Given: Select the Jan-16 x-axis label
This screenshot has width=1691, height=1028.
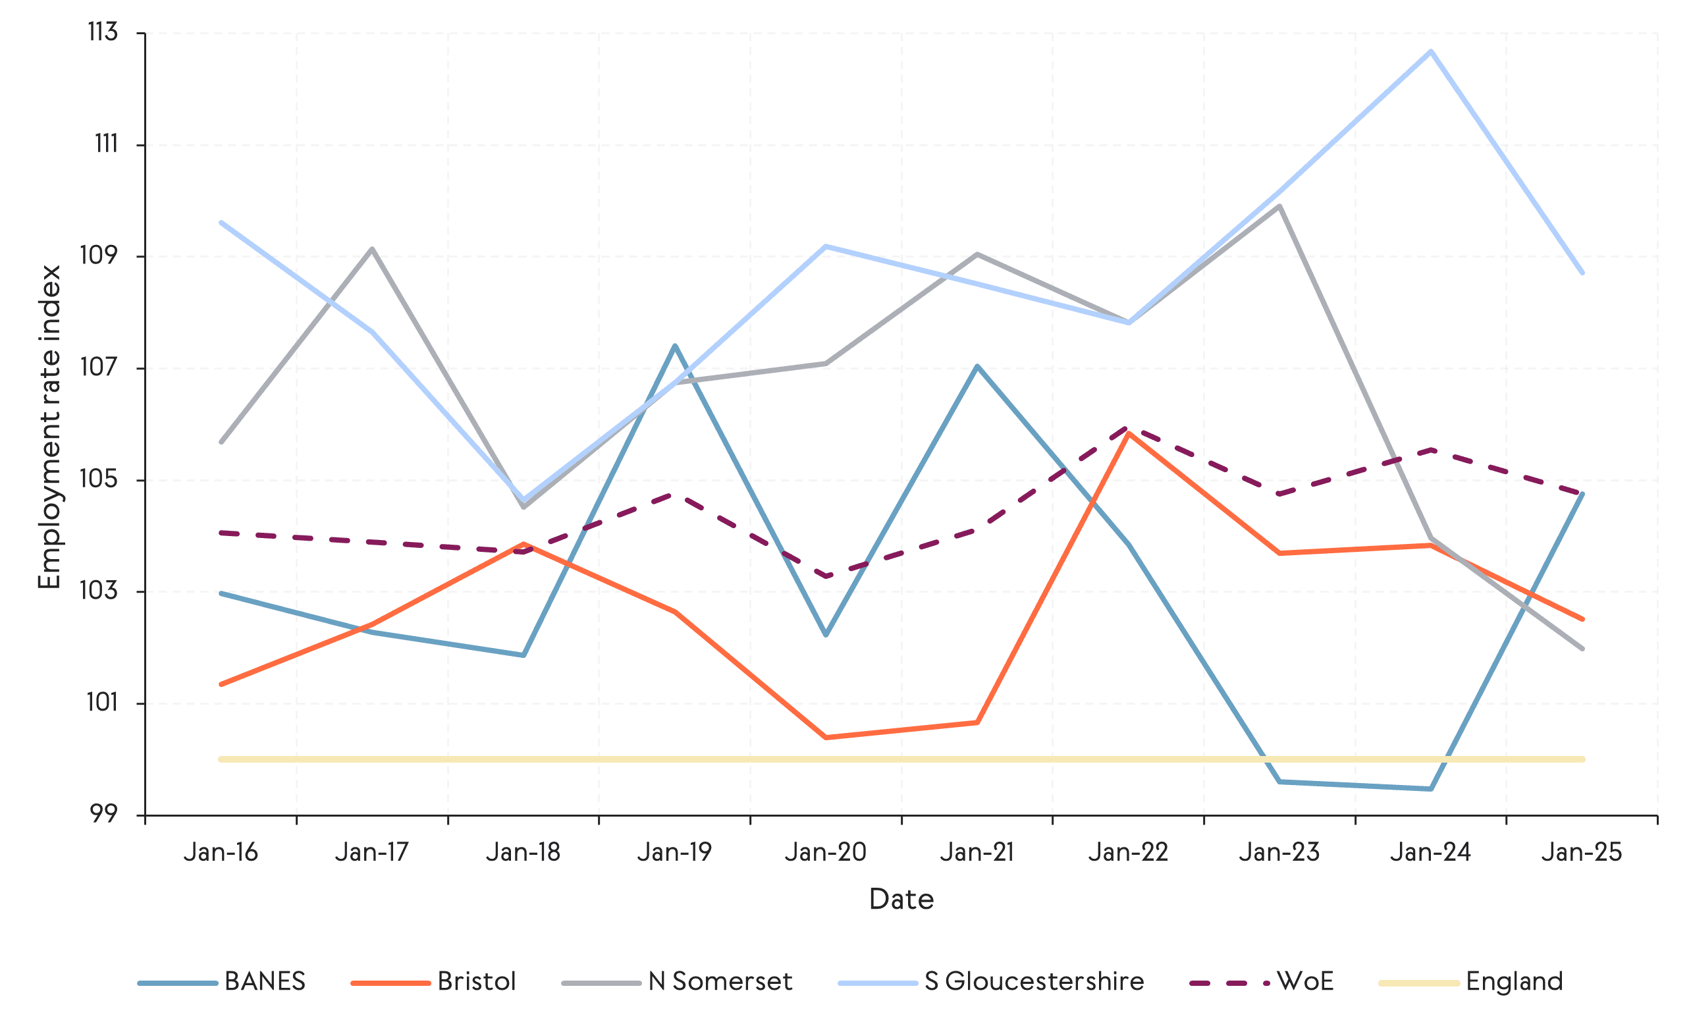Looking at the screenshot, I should pos(221,852).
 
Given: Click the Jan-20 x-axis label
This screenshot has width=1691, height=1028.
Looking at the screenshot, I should pos(826,852).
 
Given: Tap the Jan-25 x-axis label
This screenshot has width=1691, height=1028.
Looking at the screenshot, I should pos(1582,852).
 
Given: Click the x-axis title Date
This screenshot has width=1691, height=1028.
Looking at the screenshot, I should pos(901,900).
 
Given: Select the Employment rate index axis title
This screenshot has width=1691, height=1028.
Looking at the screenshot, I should pos(49,427).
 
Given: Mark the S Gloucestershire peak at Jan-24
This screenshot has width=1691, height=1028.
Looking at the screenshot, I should pos(1430,51).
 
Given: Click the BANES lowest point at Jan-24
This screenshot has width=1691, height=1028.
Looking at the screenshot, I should pos(1430,788).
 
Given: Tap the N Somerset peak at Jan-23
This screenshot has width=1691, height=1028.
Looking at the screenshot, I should pos(1279,206).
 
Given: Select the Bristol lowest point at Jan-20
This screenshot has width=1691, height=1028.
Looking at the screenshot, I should pos(826,737).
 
